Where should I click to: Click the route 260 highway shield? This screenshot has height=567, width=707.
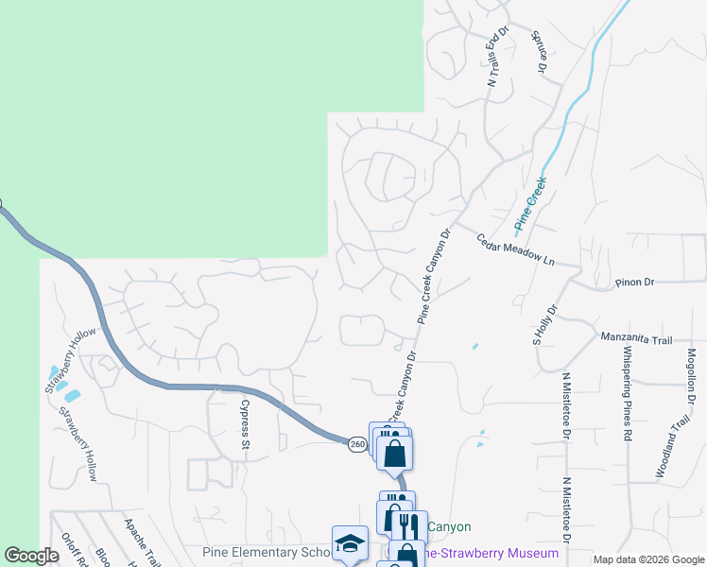point(356,444)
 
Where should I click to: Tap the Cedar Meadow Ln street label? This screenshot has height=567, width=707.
point(515,250)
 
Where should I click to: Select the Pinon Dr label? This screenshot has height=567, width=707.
point(635,282)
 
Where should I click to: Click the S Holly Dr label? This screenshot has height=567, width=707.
point(545,325)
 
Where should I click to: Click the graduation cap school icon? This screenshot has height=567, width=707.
point(350,543)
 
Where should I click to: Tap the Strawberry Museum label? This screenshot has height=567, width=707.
point(491,553)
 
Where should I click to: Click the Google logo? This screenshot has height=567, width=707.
point(31,556)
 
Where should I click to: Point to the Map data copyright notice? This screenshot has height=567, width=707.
point(649,559)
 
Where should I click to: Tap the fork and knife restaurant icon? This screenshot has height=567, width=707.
point(408,526)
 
